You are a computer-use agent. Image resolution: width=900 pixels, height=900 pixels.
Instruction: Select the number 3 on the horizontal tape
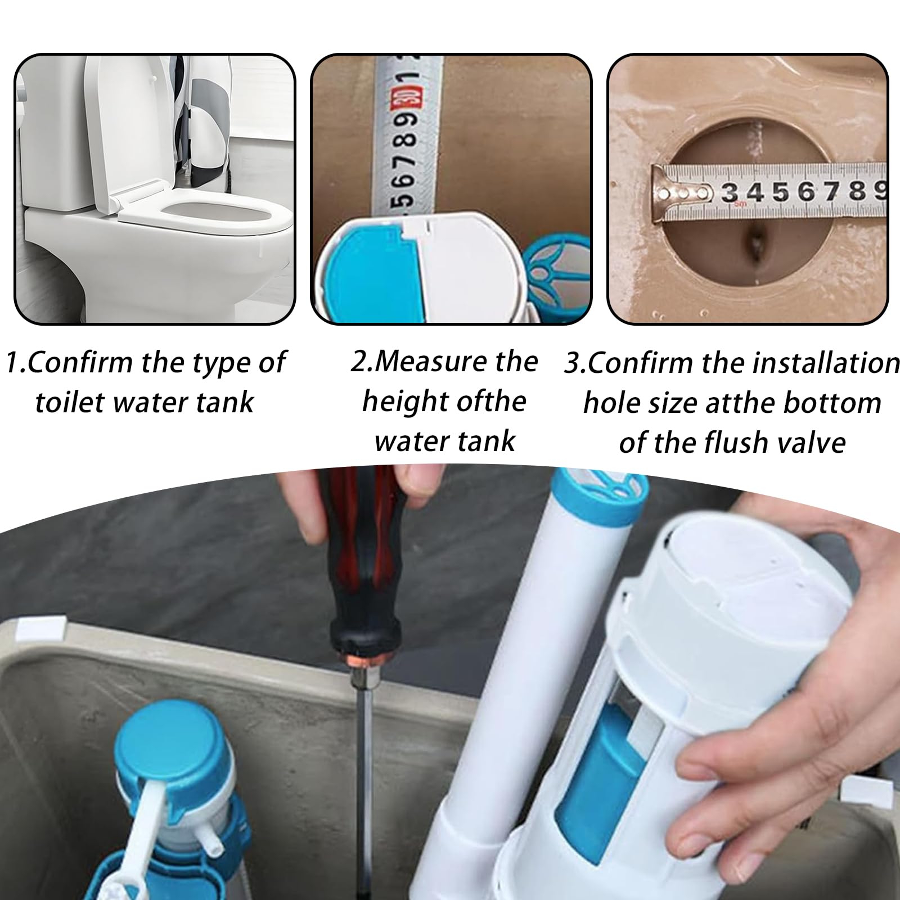click(x=730, y=192)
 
